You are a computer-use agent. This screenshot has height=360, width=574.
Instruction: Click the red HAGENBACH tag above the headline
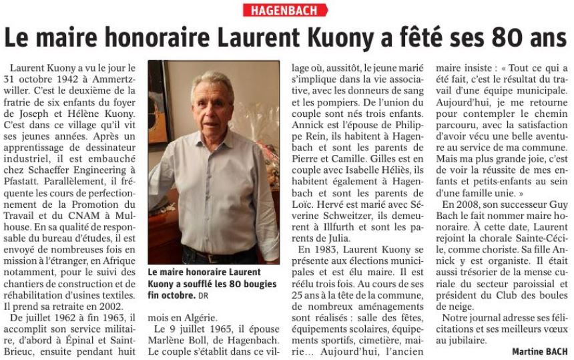[x=286, y=10]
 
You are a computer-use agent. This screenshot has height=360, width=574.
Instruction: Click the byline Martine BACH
[x=540, y=351]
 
